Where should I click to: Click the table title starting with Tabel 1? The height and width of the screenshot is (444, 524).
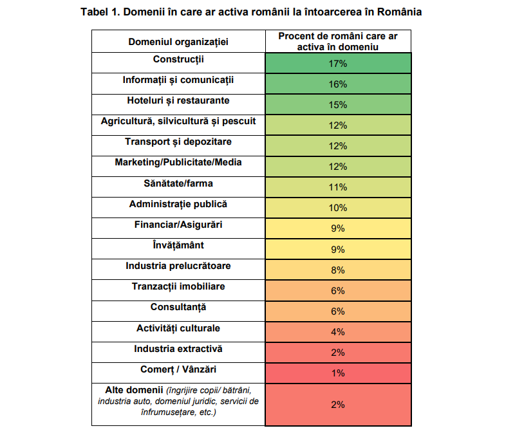(x=251, y=12)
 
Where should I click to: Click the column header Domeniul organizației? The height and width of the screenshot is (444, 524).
(x=178, y=42)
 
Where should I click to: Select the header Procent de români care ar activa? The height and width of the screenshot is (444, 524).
(x=338, y=41)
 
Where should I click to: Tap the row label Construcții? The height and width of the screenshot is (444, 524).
(x=178, y=59)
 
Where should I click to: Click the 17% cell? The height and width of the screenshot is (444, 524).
(x=338, y=64)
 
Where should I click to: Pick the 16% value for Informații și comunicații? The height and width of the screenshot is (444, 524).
(x=338, y=84)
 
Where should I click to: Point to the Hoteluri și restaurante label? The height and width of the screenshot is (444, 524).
(x=178, y=100)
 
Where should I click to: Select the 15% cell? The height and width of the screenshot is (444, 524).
(x=338, y=105)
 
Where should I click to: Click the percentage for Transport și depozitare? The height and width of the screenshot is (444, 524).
(x=338, y=146)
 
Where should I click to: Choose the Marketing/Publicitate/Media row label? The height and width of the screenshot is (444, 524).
(x=178, y=162)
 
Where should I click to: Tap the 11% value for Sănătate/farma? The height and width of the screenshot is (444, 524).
(x=338, y=187)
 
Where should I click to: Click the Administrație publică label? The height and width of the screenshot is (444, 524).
(x=178, y=204)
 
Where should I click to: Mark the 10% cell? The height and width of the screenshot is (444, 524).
(x=338, y=208)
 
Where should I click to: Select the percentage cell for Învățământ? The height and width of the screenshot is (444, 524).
(x=338, y=250)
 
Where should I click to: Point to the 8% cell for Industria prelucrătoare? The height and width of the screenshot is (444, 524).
(x=338, y=270)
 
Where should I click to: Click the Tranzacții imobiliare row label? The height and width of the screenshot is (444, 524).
(x=178, y=286)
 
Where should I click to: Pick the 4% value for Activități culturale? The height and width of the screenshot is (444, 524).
(x=338, y=332)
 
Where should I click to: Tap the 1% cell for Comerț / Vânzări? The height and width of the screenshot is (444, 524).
(x=338, y=373)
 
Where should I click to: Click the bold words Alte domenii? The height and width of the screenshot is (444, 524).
(x=134, y=390)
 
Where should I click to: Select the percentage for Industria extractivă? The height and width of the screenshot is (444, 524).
(x=338, y=353)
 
